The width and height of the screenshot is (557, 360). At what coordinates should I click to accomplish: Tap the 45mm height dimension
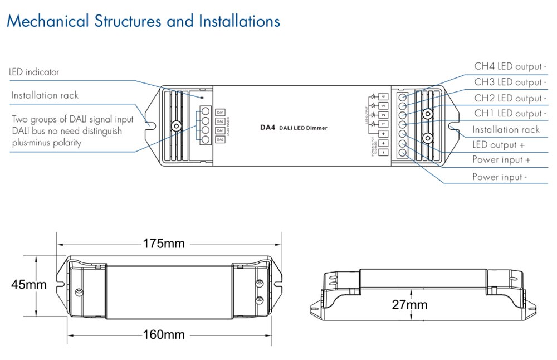(x=30, y=284)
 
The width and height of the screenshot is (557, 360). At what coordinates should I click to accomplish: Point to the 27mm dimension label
(x=410, y=304)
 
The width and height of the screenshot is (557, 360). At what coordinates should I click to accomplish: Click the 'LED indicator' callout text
(x=33, y=72)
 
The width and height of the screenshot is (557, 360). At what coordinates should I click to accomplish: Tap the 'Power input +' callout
(x=501, y=160)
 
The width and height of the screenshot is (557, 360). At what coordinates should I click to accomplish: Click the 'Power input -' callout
(x=500, y=177)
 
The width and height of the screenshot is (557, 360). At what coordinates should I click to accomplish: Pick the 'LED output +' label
(x=499, y=145)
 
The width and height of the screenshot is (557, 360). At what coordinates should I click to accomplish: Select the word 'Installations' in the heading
(x=240, y=21)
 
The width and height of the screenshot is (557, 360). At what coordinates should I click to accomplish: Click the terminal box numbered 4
(x=384, y=96)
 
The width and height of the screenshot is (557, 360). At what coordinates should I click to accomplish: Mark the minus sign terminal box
(x=384, y=152)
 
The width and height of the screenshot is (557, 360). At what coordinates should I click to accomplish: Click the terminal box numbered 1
(x=384, y=124)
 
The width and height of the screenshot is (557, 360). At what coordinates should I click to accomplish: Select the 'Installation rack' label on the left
(x=45, y=95)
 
